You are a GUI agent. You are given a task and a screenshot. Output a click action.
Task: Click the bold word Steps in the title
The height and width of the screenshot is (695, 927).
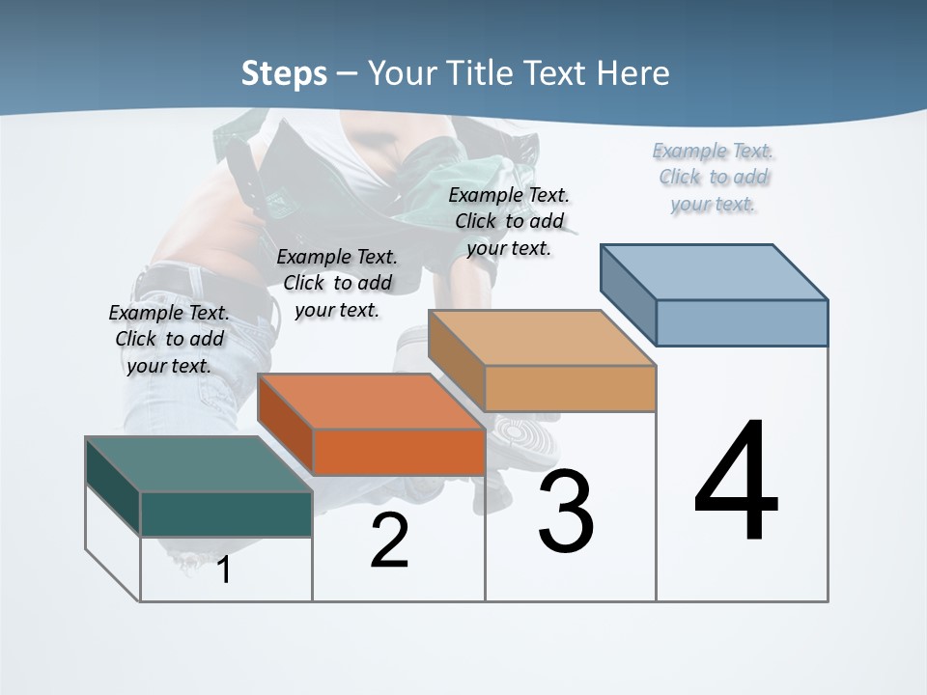click(x=284, y=73)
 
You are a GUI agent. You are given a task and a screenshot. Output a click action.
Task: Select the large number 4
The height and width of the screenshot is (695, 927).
click(x=736, y=483)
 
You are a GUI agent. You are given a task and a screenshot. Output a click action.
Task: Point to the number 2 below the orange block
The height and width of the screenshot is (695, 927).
click(x=389, y=542)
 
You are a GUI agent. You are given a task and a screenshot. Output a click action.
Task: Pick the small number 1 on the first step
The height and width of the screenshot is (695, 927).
click(x=223, y=570)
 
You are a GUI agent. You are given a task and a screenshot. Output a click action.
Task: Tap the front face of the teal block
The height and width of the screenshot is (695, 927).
click(x=226, y=514)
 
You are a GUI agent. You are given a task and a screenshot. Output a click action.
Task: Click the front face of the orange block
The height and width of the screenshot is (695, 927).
click(x=399, y=452)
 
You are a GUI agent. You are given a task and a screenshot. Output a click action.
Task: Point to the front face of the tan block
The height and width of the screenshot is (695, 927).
click(x=570, y=388)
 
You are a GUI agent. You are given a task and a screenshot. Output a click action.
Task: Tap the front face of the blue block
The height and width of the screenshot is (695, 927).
click(x=742, y=322)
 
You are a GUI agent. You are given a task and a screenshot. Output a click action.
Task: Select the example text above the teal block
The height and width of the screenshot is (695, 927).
click(x=169, y=339)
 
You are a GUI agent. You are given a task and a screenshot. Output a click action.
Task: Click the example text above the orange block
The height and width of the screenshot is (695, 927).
click(x=336, y=283)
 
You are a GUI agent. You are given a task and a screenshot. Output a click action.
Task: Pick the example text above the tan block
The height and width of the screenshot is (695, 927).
click(x=509, y=221)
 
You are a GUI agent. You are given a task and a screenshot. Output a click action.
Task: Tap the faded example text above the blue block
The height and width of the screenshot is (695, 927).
click(x=713, y=177)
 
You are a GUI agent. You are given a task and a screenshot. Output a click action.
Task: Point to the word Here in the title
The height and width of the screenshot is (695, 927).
click(x=633, y=73)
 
